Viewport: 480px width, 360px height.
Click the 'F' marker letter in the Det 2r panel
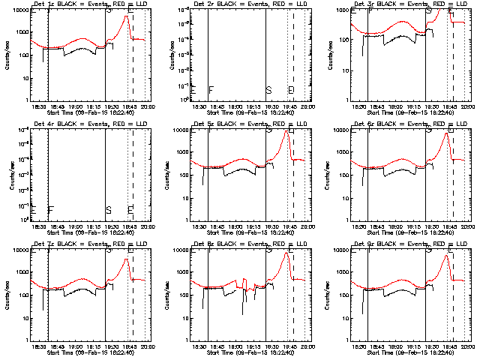pos(211,90)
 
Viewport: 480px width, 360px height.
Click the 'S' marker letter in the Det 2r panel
pos(268,90)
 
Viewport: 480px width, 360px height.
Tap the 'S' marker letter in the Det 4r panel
pos(109,210)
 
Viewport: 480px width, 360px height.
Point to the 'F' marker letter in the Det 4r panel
pos(51,210)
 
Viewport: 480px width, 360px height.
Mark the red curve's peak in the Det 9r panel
pos(446,256)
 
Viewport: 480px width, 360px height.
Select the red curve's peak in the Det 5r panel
pos(286,131)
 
